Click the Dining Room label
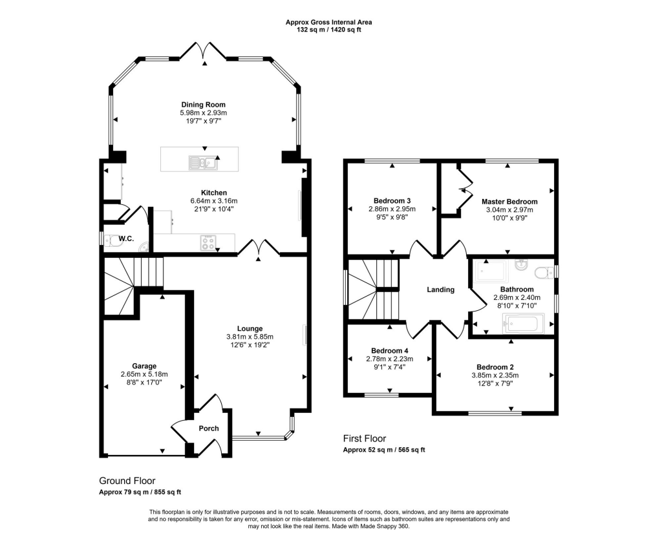pos(204,105)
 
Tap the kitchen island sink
pos(203,162)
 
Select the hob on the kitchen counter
pos(209,242)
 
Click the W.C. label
pos(126,239)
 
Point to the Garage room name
pos(144,366)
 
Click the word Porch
pos(209,428)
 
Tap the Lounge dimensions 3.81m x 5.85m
pos(250,337)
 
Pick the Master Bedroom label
pos(509,202)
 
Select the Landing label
pos(441,290)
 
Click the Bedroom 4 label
pos(390,351)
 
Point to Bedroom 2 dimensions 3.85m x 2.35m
pos(495,375)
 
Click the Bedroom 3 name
pos(392,201)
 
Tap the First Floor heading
pos(365,439)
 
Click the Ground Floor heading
pos(127,481)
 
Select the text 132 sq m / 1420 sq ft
pos(329,30)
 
